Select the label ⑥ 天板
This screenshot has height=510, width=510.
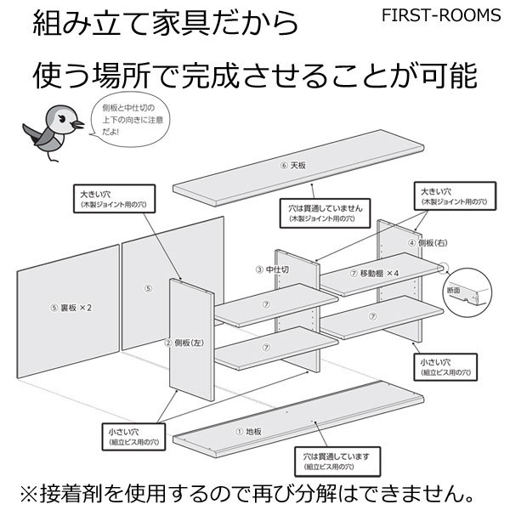[293, 164]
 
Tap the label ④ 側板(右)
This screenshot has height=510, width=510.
[425, 242]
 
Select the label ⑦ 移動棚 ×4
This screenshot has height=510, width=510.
[375, 274]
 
